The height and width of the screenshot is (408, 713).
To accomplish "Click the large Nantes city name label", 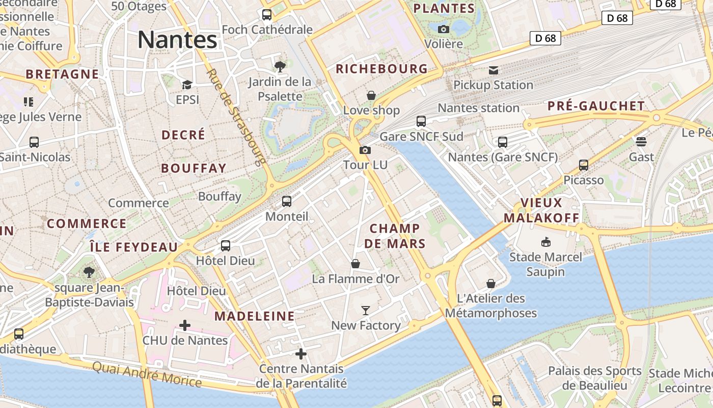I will tap(177, 40).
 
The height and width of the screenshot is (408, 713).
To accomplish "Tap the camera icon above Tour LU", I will tap(365, 150).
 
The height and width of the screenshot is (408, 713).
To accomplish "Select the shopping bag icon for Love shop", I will tap(371, 95).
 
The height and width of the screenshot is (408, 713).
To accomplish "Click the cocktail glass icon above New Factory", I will tap(366, 310).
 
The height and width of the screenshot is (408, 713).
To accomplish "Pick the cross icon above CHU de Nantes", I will tap(185, 325).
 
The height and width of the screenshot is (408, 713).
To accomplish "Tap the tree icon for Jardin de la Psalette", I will tap(280, 66).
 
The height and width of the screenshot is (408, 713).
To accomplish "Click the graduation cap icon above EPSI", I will tap(187, 85).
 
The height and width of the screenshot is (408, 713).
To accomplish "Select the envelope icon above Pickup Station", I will tap(493, 70).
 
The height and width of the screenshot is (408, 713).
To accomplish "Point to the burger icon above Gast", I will tap(641, 141).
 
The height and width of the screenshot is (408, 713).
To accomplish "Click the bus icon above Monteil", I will tap(287, 201).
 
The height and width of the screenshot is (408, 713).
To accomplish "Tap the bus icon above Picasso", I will tap(584, 165).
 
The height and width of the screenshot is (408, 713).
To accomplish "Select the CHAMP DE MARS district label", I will tap(395, 236).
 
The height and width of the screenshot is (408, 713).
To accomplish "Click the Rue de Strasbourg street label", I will tap(236, 117).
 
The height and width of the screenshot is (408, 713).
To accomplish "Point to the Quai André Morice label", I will tap(147, 374).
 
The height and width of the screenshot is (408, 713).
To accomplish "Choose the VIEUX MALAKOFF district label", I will tap(541, 210).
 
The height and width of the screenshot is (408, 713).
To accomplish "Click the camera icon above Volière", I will tap(444, 29).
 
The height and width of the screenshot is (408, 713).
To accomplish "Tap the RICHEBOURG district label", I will tap(381, 69).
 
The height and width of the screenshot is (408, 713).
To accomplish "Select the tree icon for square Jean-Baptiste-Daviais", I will tap(89, 272).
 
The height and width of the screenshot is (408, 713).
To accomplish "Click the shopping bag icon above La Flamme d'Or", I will tap(355, 264).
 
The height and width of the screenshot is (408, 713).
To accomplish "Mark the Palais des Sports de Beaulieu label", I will tap(594, 378).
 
